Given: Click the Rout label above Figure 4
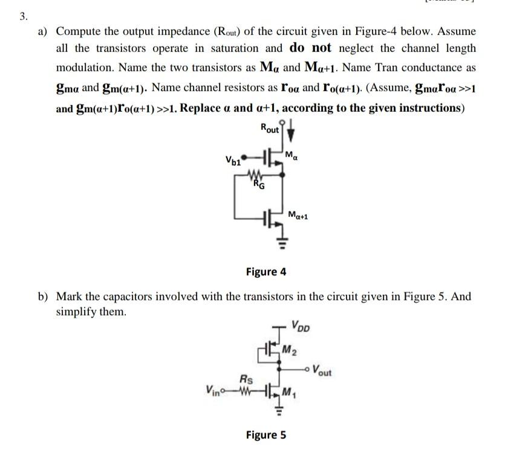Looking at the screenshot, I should click(270, 128).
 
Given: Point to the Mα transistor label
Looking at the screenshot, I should click(294, 157).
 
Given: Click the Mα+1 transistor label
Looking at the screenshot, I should click(298, 215).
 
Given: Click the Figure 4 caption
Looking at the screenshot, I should click(265, 271).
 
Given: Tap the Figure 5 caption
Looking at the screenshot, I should click(265, 434).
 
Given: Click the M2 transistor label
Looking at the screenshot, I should click(291, 348).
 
